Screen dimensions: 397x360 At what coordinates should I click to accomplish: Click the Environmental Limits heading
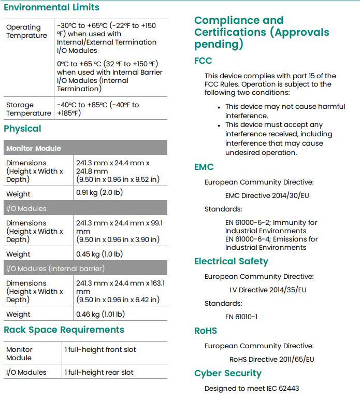51,7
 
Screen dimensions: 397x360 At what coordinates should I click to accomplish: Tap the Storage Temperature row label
28,109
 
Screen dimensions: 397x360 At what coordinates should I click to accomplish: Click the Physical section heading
22,129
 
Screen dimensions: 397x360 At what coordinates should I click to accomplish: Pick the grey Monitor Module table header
34,148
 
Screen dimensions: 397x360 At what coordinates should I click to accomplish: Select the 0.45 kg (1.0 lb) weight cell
99,254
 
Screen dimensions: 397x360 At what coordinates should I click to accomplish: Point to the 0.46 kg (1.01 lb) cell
100,314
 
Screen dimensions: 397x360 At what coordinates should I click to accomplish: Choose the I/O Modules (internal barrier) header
55,268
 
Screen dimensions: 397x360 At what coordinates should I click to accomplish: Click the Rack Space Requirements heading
64,330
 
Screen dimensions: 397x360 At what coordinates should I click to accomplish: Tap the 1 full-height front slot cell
100,349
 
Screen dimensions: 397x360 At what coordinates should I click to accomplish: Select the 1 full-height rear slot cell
99,372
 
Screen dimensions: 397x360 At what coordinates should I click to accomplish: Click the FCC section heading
203,61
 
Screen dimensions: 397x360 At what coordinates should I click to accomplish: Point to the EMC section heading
204,167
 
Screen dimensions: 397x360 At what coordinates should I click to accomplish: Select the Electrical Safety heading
231,261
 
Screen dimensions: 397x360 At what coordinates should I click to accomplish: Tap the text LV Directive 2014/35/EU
268,290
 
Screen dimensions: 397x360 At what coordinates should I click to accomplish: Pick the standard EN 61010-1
241,317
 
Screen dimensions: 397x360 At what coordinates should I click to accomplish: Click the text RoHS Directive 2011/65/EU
272,359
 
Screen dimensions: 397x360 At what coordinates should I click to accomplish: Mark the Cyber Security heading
228,373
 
